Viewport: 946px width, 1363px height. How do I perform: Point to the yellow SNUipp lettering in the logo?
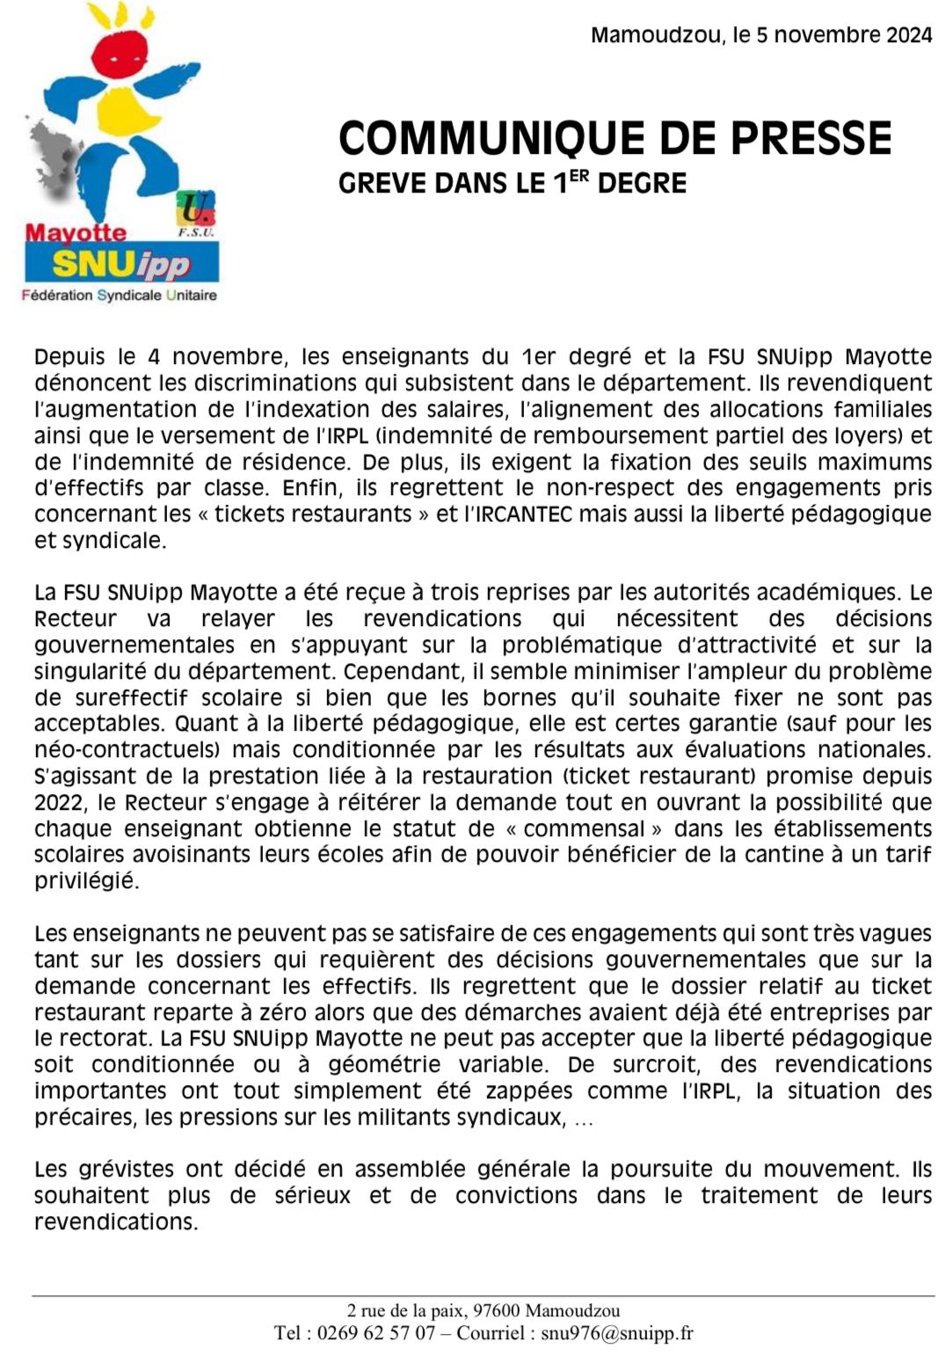121,264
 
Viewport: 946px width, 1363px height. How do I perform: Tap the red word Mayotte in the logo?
76,233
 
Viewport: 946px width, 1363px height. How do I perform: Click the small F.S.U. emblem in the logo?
195,214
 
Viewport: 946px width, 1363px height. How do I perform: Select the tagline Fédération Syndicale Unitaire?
120,295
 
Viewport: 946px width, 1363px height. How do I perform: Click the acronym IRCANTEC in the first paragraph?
523,514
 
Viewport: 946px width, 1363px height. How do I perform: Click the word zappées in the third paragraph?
524,1091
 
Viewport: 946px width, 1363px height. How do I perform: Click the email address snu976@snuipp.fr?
617,1333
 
